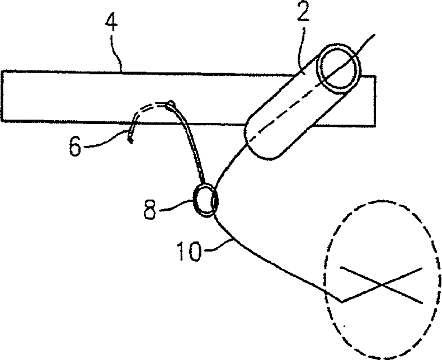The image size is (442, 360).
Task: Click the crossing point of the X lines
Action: pos(381,284)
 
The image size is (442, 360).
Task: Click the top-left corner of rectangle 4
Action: pos(2,71)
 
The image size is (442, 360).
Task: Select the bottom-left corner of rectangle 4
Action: pos(2,120)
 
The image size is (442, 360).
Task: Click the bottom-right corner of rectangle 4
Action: pos(375,124)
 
